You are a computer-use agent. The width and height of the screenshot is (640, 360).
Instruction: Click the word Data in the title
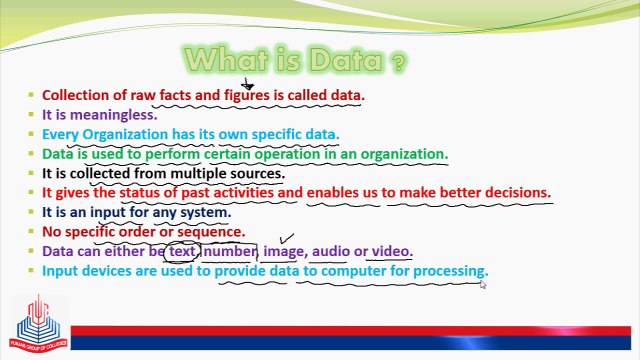[x=344, y=61]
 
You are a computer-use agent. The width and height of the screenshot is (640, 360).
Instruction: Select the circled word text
[x=182, y=251]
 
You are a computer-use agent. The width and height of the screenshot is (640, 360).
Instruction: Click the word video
[x=391, y=251]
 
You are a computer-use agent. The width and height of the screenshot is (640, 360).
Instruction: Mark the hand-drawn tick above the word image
[x=287, y=239]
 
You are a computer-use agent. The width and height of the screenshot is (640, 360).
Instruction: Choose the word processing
[x=449, y=271]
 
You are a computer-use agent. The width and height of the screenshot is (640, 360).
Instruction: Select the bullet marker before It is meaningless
[x=32, y=115]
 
